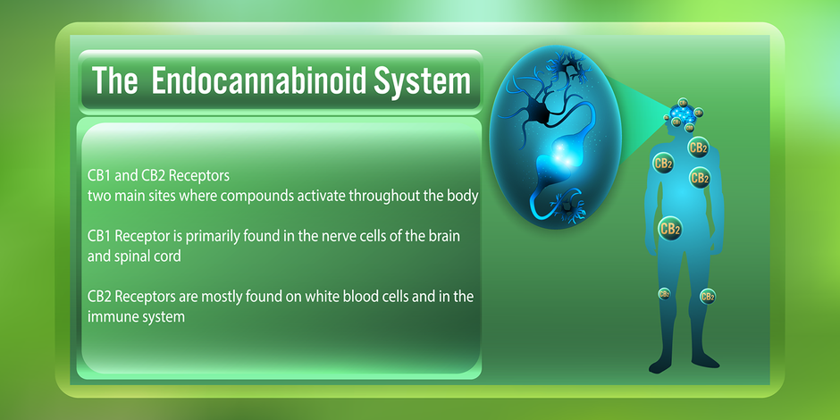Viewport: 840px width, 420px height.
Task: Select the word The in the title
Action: pyautogui.click(x=114, y=80)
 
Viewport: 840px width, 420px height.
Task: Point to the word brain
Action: pyautogui.click(x=444, y=236)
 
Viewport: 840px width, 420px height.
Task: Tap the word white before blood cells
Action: pyautogui.click(x=323, y=297)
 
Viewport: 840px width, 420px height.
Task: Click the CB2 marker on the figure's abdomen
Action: pyautogui.click(x=669, y=229)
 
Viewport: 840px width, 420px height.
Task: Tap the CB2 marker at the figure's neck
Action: pyautogui.click(x=698, y=147)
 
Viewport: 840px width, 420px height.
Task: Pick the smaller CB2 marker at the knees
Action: pyautogui.click(x=664, y=294)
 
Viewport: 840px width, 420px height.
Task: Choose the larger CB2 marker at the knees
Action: pyautogui.click(x=708, y=296)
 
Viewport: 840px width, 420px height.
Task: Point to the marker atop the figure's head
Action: pyautogui.click(x=683, y=103)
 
